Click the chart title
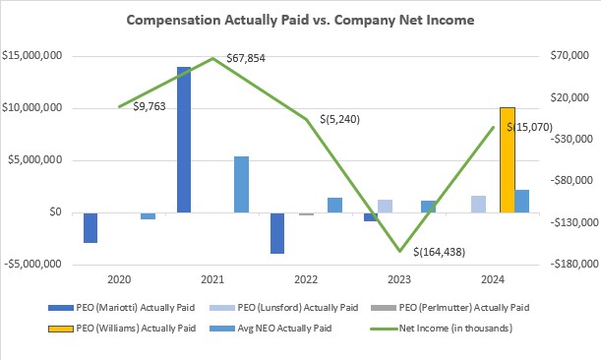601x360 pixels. coord(300,18)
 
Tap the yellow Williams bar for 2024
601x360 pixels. coord(507,159)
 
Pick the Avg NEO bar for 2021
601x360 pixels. coord(241,184)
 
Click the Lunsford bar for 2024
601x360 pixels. coord(478,204)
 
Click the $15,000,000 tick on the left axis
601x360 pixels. coord(33,56)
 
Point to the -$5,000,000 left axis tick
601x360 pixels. coord(32,265)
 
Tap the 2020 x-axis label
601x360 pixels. coord(118,279)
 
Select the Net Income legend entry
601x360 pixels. coord(457,327)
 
